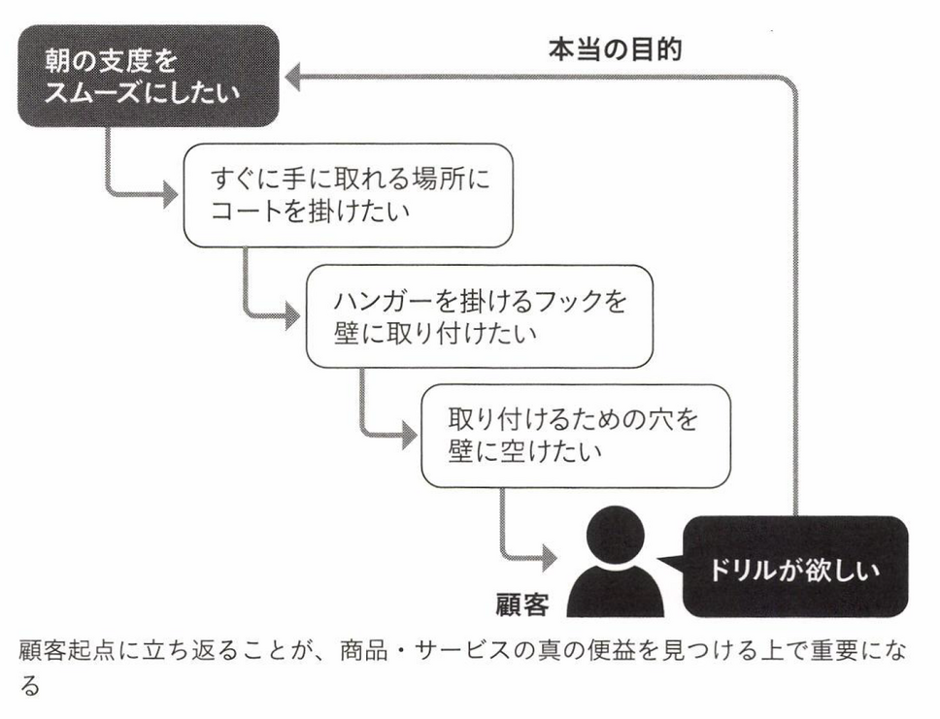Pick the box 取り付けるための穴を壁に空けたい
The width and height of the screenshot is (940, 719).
(x=575, y=433)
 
